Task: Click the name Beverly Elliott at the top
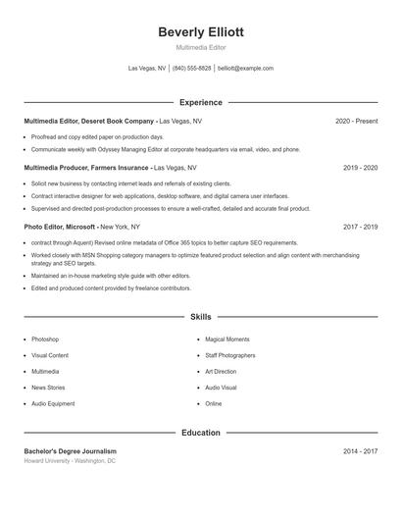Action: point(200,31)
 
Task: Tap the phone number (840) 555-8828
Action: point(192,69)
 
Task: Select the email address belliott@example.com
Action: point(245,69)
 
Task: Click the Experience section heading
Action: point(200,102)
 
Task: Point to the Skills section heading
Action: point(200,317)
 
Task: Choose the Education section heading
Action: point(200,433)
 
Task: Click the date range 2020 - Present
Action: point(356,121)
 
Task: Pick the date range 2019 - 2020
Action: point(360,168)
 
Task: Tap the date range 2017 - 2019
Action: point(360,227)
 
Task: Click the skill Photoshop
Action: point(45,338)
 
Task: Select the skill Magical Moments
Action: point(226,338)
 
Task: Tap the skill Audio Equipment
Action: point(53,403)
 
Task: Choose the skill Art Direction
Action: point(221,371)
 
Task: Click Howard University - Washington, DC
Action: point(70,460)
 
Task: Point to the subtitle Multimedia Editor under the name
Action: point(200,47)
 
